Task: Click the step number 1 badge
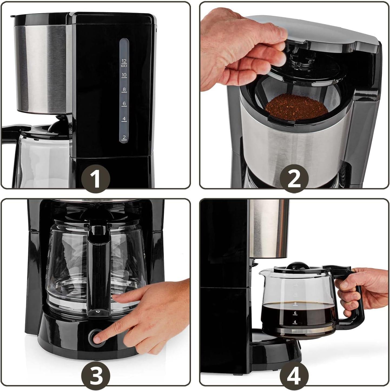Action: [x=96, y=179]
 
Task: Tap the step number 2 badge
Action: [x=294, y=179]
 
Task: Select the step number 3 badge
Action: [x=96, y=376]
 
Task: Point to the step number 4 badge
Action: [x=294, y=376]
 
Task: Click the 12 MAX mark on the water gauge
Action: [x=124, y=63]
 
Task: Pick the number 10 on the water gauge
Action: [x=124, y=75]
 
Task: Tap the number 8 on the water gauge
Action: [x=124, y=89]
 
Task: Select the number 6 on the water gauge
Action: [x=124, y=104]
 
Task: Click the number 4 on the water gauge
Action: [x=124, y=119]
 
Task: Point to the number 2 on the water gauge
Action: [x=124, y=138]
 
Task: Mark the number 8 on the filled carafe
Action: [x=295, y=303]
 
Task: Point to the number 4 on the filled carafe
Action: [x=295, y=322]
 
